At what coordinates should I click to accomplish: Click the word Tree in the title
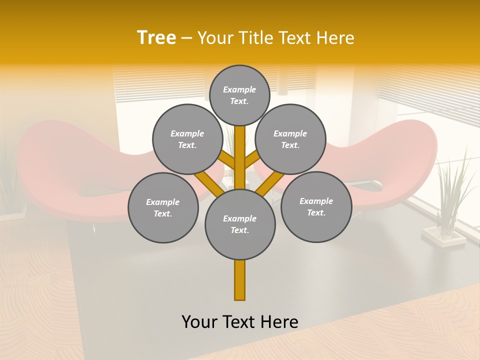coord(156,38)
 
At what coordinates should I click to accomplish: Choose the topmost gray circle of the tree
coord(239,95)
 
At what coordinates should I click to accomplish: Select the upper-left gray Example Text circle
coord(187,139)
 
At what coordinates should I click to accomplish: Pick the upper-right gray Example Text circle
coord(290,139)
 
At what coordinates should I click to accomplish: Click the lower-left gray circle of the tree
coord(163,207)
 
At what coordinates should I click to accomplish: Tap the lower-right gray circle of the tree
coord(316,206)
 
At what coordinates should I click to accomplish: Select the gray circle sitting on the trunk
coord(240,224)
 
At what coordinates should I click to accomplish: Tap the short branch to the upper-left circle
coord(226,160)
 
